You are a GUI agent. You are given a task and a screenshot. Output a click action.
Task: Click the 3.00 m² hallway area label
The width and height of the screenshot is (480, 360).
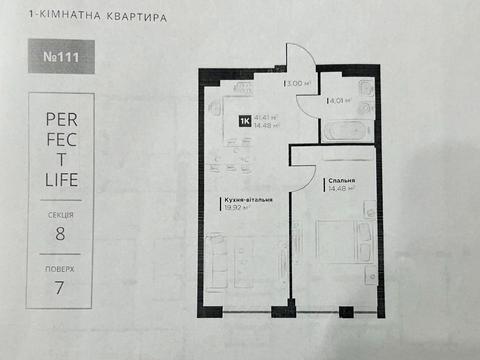pos(297,84)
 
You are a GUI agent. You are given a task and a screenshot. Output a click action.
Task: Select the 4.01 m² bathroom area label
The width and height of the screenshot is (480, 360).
pos(339,99)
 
